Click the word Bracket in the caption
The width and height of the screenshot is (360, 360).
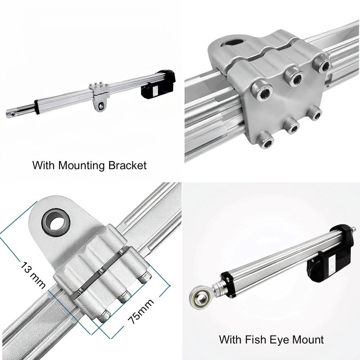coord(127,165)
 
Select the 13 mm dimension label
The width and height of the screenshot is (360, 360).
coord(33,275)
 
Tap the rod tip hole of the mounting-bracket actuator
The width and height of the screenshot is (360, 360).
coord(11,114)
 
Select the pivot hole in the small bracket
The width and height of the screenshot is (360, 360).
coord(101,106)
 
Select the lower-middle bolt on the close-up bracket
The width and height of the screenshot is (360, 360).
coord(291,125)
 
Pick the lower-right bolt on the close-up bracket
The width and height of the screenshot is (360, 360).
coord(314,113)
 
